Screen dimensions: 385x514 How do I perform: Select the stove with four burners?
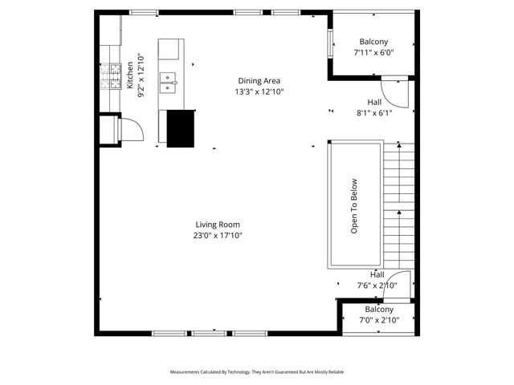click(x=107, y=77)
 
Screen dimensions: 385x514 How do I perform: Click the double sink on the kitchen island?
click(x=169, y=78)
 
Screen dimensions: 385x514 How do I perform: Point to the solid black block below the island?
click(x=181, y=128)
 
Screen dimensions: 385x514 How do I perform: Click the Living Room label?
click(x=217, y=225)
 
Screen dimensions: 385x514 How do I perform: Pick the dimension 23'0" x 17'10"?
click(x=217, y=236)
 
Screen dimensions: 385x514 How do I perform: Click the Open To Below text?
click(x=353, y=205)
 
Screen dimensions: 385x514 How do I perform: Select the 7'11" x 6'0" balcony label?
click(x=373, y=52)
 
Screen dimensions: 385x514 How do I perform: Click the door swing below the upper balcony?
click(x=396, y=93)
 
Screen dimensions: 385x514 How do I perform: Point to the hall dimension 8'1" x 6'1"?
click(x=374, y=113)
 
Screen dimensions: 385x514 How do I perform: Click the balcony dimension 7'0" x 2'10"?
click(x=379, y=320)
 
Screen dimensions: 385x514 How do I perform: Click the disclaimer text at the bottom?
click(x=257, y=372)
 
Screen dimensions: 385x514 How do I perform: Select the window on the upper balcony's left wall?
click(x=329, y=43)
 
